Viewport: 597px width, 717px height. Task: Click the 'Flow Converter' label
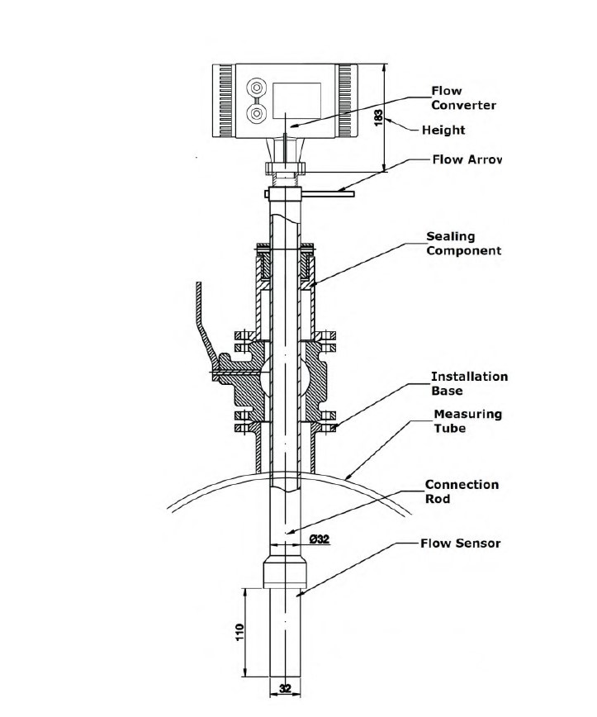(463, 97)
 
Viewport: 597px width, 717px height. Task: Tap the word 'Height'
(443, 131)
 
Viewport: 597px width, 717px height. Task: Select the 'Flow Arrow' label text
(467, 159)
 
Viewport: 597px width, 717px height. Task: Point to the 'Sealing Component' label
(464, 243)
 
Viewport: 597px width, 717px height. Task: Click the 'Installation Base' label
(470, 383)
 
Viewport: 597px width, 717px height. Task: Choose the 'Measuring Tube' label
(468, 421)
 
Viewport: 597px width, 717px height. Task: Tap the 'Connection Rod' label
(462, 491)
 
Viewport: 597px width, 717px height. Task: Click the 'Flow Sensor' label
(460, 544)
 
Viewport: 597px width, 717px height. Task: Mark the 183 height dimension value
(378, 117)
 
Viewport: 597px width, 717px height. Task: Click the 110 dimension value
(240, 632)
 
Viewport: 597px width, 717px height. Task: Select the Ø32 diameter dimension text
(320, 539)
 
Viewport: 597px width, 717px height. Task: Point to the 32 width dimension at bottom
(285, 688)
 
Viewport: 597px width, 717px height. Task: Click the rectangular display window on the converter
(296, 101)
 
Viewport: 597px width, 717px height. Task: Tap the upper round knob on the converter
(257, 88)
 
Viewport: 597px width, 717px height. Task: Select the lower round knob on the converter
(257, 113)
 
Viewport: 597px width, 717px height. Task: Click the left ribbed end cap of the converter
(224, 101)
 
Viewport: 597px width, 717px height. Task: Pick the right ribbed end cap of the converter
(347, 101)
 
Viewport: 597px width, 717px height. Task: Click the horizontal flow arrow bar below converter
(327, 194)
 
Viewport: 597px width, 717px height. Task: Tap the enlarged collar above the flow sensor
(285, 572)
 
